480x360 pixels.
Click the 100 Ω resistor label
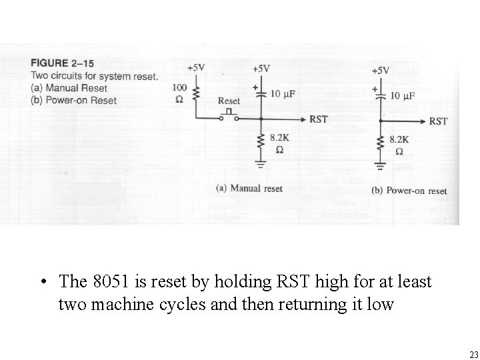[179, 93]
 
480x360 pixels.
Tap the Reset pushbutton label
[229, 101]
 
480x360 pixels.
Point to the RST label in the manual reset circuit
[319, 119]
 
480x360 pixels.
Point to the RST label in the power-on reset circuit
[438, 121]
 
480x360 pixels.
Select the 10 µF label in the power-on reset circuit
[402, 96]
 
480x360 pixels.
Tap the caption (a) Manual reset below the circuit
[249, 189]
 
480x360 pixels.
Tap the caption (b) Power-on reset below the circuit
[409, 191]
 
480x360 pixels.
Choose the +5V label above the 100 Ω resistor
[196, 68]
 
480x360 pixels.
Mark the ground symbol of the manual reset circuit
[261, 161]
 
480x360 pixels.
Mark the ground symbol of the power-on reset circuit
[380, 165]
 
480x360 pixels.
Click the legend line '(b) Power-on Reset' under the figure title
[73, 101]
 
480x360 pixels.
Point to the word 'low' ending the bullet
[381, 304]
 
